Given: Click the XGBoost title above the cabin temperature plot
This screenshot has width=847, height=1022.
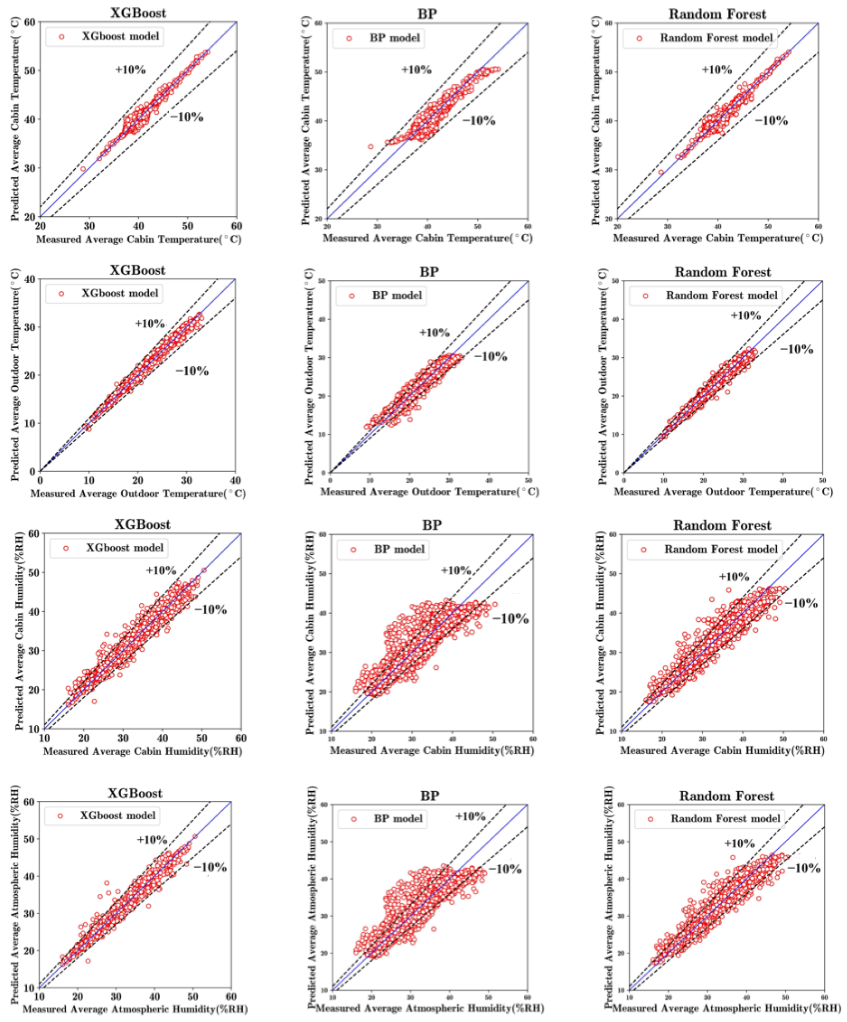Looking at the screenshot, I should tap(137, 13).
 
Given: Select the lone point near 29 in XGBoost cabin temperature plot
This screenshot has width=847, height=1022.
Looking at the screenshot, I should tap(83, 169).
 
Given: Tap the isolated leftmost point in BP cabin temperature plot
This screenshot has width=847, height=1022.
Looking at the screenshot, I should tap(370, 146).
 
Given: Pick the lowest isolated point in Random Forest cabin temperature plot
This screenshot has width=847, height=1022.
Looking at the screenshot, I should tap(661, 172).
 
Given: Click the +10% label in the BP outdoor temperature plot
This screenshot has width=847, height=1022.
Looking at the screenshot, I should tap(434, 333).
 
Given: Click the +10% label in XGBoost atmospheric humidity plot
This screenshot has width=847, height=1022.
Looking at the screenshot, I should tap(152, 839).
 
